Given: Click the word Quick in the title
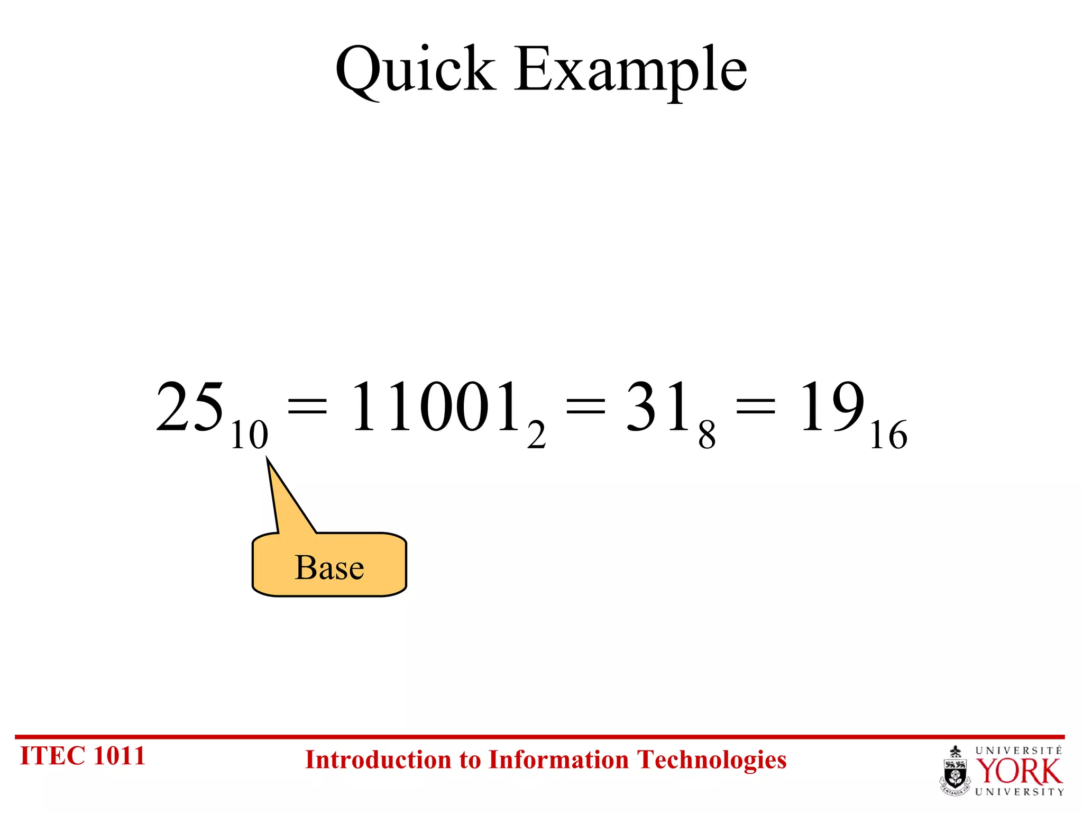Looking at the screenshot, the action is [x=416, y=70].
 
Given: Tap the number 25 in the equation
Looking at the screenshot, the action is [x=190, y=406].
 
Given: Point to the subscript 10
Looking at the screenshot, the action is [x=249, y=435].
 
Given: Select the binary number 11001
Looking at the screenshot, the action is [x=435, y=406].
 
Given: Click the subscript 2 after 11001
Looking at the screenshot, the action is [x=536, y=435].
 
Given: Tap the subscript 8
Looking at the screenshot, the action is [x=706, y=435].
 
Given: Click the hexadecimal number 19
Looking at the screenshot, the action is [x=831, y=406].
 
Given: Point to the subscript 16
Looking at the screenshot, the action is [x=888, y=435].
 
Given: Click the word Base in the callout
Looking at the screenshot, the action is [x=329, y=567].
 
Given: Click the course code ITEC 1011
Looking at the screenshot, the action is [x=82, y=756].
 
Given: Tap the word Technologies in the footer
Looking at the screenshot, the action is [x=711, y=760].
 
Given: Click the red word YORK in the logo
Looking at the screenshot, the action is [x=1018, y=772].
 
